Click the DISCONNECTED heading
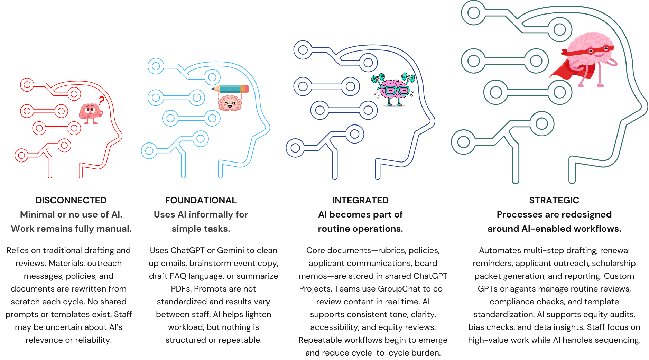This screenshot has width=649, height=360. click(71, 200)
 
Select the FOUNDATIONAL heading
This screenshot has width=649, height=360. click(201, 200)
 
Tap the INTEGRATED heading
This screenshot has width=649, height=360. click(360, 200)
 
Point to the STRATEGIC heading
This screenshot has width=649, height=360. click(554, 200)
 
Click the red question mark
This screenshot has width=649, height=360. click(101, 101)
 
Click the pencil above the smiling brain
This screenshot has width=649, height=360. click(230, 89)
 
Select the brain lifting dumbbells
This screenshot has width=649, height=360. click(393, 89)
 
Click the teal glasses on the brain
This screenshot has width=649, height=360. click(395, 91)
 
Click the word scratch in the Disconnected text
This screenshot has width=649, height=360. click(25, 302)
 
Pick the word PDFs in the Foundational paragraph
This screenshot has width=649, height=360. click(181, 289)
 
